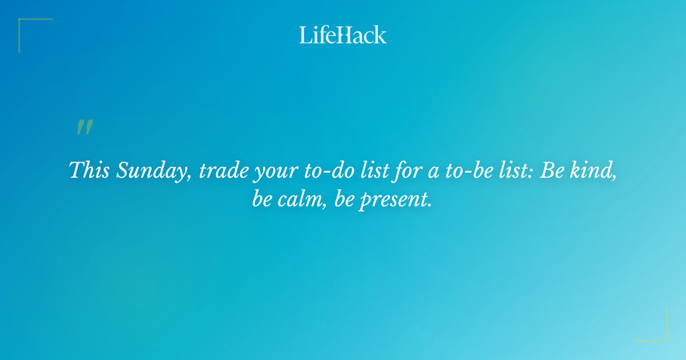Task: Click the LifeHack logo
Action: (343, 35)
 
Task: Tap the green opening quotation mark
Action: (84, 127)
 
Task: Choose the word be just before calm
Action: (262, 199)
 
